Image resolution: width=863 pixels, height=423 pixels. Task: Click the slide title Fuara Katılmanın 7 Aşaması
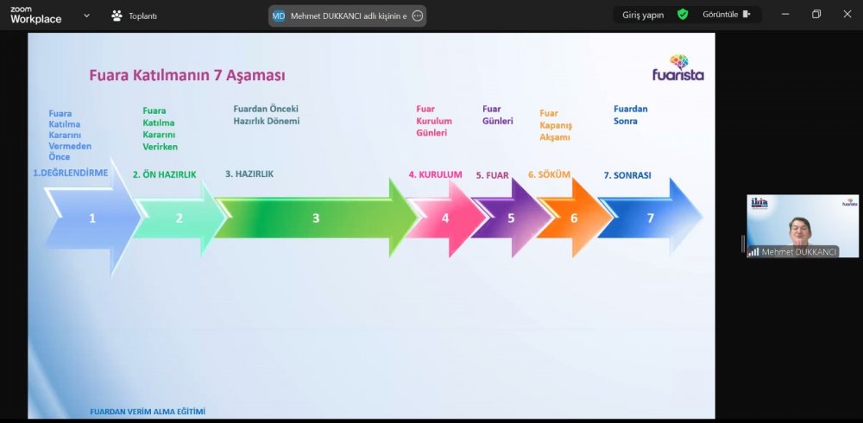click(187, 75)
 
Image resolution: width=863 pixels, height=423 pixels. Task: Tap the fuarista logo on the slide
click(678, 67)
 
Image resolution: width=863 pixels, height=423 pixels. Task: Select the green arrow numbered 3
click(316, 218)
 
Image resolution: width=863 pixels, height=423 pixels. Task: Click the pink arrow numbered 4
click(446, 218)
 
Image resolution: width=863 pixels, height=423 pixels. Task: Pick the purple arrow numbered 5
click(511, 218)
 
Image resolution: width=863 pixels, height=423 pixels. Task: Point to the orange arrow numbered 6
click(574, 218)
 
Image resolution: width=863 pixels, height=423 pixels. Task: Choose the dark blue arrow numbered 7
click(650, 218)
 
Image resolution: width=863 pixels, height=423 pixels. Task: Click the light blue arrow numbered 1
click(92, 218)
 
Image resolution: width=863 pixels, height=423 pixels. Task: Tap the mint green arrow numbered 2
click(180, 218)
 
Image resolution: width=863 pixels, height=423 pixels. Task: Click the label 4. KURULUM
click(435, 174)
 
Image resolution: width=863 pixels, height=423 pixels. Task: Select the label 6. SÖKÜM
click(549, 174)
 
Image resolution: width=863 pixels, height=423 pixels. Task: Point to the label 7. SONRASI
click(627, 175)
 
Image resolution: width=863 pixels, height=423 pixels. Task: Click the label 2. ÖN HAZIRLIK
click(164, 174)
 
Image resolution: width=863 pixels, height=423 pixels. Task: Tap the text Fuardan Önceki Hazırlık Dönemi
click(267, 115)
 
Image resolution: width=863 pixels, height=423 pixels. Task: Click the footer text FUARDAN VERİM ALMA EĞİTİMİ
click(148, 412)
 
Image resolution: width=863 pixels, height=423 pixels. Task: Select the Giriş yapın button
click(643, 15)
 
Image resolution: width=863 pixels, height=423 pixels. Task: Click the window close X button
click(847, 15)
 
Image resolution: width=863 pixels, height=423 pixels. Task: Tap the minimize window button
click(785, 15)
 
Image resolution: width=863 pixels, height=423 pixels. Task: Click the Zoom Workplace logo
click(35, 16)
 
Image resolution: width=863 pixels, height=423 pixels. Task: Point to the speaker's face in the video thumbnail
click(797, 230)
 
